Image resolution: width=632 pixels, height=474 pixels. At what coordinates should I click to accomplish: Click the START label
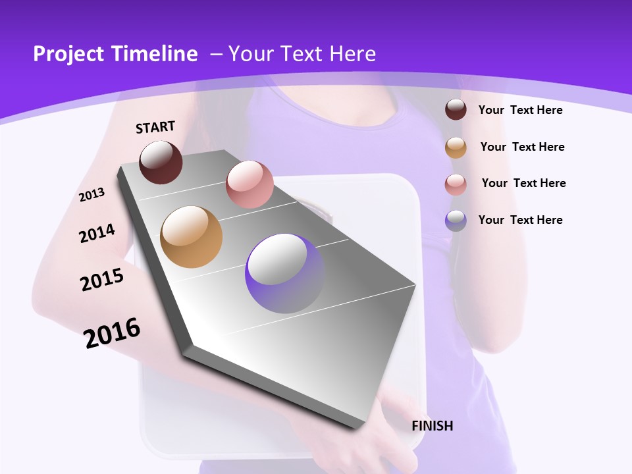(155, 127)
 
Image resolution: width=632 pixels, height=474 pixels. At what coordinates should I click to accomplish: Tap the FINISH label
(432, 426)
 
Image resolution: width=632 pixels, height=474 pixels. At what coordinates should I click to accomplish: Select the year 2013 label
(92, 194)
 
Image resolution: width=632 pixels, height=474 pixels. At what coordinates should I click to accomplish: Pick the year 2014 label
(97, 233)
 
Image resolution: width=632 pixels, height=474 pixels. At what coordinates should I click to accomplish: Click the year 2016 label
(112, 332)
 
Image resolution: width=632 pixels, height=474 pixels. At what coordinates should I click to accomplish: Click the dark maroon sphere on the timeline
(161, 162)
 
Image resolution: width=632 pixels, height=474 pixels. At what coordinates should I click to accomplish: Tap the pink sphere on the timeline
(250, 184)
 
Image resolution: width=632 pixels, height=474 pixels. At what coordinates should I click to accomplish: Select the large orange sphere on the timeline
(192, 237)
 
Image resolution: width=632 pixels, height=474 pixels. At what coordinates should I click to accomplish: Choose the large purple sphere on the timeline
(284, 273)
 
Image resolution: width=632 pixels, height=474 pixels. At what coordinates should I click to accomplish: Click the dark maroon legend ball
(456, 109)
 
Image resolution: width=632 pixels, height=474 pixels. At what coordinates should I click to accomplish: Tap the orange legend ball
(456, 147)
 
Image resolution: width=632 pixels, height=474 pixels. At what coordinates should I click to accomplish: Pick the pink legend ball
(456, 184)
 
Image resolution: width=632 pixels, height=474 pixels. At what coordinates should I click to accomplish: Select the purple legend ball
(456, 221)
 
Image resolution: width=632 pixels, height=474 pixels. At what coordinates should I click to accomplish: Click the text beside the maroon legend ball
(520, 110)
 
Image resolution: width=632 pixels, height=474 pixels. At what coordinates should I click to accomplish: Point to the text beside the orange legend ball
(522, 147)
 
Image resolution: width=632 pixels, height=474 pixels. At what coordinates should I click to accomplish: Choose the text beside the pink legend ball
(523, 183)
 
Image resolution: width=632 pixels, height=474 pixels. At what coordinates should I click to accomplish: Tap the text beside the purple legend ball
(520, 220)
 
